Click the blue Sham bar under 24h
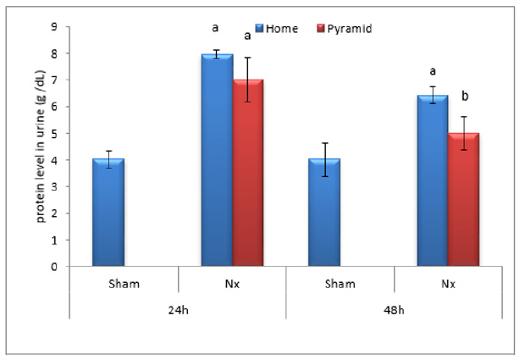[x=108, y=213]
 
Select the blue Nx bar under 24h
[x=217, y=161]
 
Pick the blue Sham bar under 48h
[x=325, y=213]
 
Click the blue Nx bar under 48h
[x=433, y=181]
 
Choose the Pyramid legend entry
[x=338, y=28]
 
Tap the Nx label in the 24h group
[x=232, y=283]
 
